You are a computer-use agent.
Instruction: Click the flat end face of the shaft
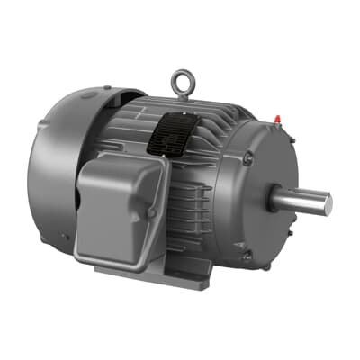tap(327, 204)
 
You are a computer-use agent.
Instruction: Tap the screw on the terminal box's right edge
tap(152, 212)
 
